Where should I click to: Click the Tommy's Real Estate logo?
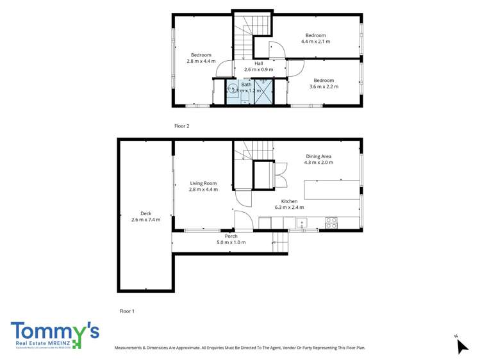point(54,335)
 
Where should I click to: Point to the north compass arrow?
point(462,346)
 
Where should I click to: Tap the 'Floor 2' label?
point(182,126)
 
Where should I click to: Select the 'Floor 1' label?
point(128,311)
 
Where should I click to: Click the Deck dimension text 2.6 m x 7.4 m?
point(145,220)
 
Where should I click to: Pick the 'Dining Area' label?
point(319,156)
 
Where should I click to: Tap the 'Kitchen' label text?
point(290,201)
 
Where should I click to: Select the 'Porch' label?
point(231,236)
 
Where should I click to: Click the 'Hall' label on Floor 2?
point(258,63)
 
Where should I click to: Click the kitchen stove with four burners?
point(332,223)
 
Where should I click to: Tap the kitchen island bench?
point(331,190)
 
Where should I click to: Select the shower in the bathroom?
point(265,90)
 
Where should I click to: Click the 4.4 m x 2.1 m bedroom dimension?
point(315,42)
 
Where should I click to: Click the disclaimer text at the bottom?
point(239,348)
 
